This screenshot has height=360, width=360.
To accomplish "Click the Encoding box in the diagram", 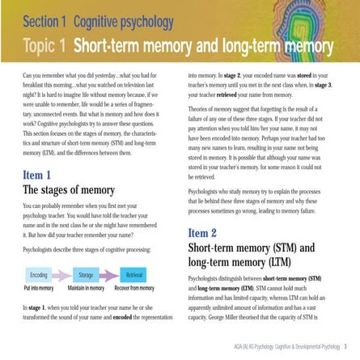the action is click(x=39, y=276).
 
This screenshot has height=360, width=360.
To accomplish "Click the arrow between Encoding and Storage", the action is click(x=61, y=276).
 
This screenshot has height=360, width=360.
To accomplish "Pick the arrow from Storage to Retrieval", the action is click(x=108, y=276).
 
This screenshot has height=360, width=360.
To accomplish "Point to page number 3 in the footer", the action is click(x=345, y=344).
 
